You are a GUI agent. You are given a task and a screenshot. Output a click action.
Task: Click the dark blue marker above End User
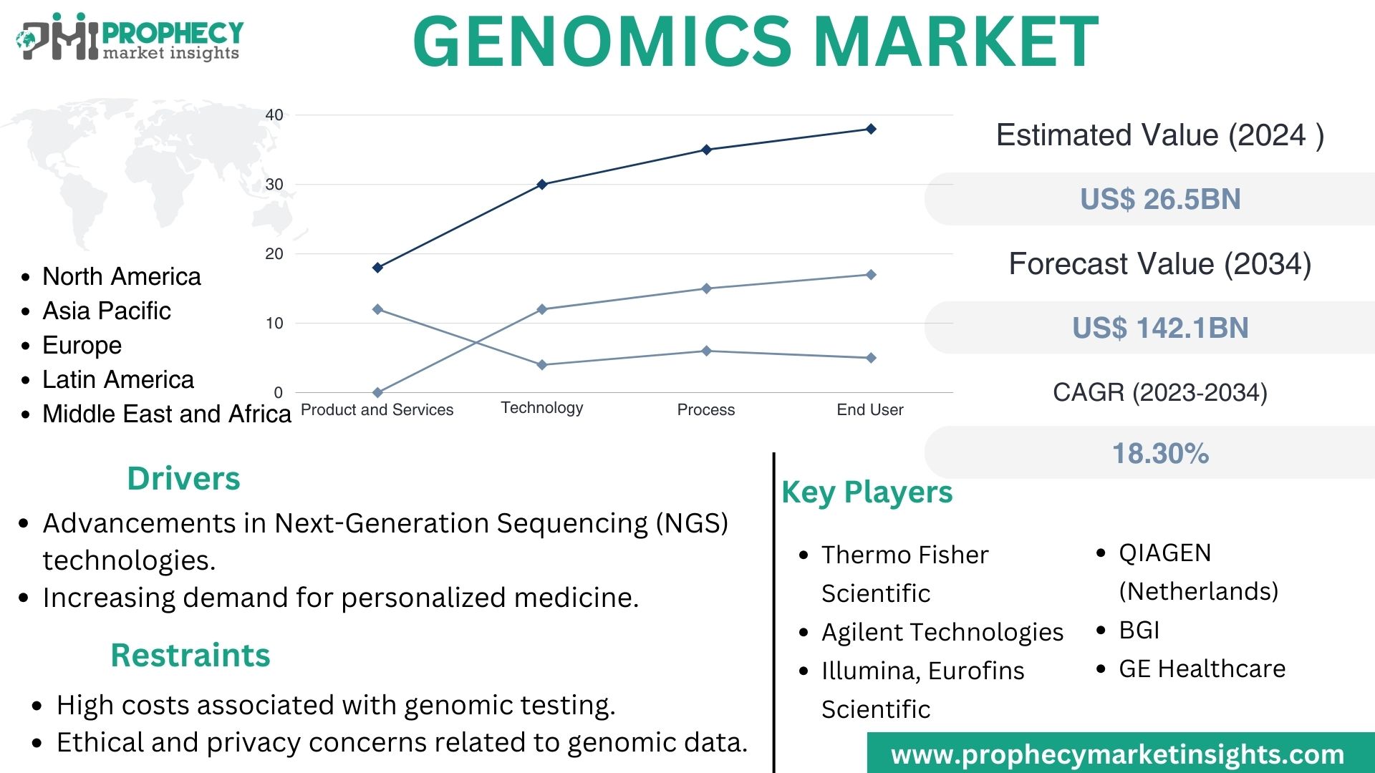pos(871,129)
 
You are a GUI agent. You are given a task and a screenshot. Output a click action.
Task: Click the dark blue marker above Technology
pos(542,185)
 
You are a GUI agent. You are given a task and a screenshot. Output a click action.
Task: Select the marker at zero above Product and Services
pos(378,392)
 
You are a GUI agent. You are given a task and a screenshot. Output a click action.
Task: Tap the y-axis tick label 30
pos(274,185)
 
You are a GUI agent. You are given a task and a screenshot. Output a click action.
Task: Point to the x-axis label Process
pos(706,410)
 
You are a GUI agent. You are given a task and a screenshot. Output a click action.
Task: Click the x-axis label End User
pos(870,410)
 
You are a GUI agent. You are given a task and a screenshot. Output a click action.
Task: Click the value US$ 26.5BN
pos(1160,199)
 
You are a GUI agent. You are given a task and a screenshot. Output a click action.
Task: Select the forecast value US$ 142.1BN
pos(1160,328)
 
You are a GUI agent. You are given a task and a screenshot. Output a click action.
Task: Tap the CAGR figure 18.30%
pos(1160,453)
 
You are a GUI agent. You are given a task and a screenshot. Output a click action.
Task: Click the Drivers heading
pos(183,478)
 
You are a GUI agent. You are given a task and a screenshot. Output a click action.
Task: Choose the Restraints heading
pos(190,655)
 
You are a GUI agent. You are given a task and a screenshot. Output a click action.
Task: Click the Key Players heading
pos(867,492)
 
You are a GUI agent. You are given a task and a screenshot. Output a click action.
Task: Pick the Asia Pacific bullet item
pos(107,311)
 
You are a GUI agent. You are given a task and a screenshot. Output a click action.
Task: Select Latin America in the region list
pos(118,379)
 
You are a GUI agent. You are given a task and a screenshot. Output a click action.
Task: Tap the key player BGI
pos(1139,630)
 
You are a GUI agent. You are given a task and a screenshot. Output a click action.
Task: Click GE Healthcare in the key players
pos(1202,669)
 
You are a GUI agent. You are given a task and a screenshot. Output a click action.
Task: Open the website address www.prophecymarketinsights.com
pos(1117,754)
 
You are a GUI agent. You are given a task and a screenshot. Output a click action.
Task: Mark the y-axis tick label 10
pos(274,324)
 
